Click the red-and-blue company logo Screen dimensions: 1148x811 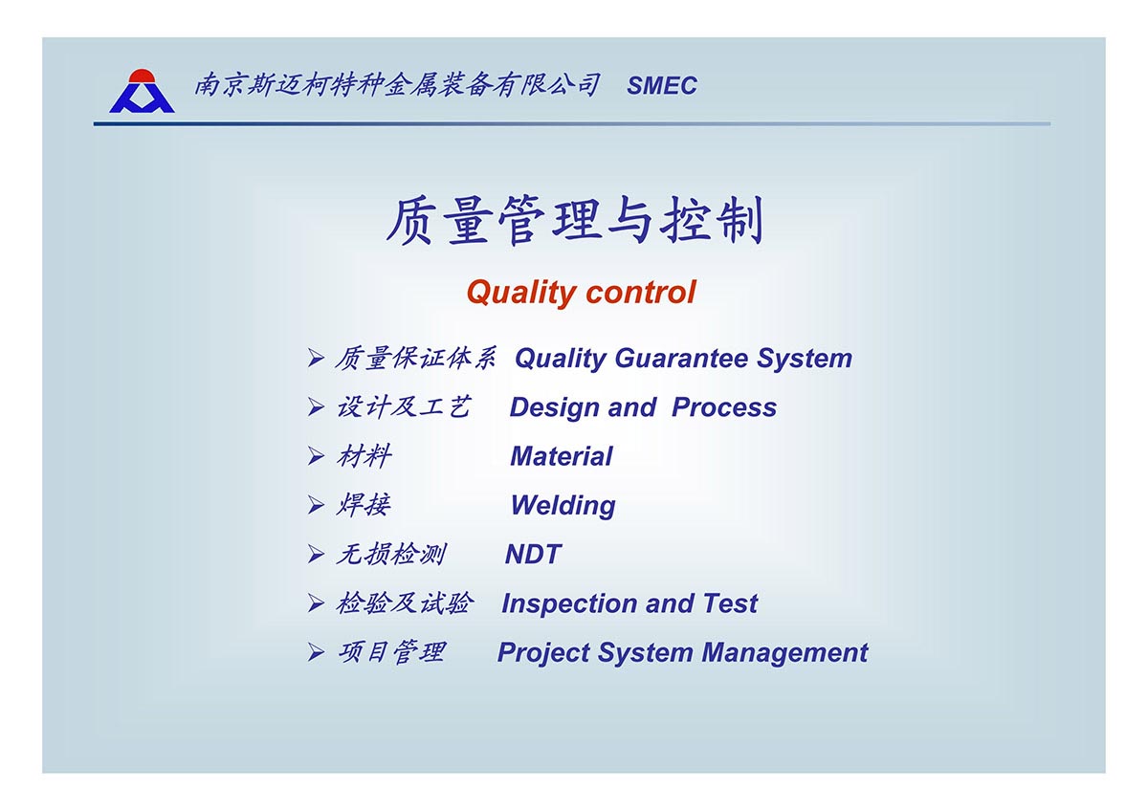click(142, 91)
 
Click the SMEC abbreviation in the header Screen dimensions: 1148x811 click(662, 85)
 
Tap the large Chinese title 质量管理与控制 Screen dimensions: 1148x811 click(575, 220)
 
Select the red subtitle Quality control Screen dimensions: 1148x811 click(581, 292)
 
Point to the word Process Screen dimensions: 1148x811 click(723, 407)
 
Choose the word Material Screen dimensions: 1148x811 click(562, 456)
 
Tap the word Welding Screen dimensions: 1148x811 click(563, 506)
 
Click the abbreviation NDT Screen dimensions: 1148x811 click(533, 555)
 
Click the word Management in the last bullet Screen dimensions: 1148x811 click(784, 652)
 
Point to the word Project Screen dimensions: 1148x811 click(543, 653)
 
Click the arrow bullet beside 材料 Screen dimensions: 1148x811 click(316, 456)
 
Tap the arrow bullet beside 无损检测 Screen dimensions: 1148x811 click(316, 555)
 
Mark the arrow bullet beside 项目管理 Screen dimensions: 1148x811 click(316, 652)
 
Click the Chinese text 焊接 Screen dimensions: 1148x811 click(364, 505)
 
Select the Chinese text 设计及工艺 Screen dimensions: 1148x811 click(404, 407)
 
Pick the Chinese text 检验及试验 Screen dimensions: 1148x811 click(404, 603)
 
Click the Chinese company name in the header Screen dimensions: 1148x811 click(397, 85)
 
